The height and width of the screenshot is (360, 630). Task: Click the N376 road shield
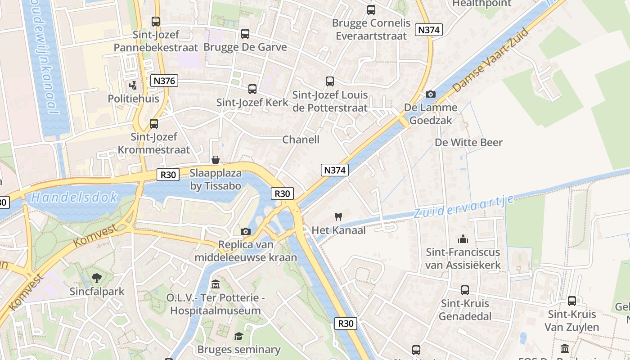[x=164, y=81]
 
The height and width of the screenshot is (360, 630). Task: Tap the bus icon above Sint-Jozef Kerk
[x=252, y=89]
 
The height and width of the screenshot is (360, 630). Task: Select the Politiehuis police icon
[x=133, y=85]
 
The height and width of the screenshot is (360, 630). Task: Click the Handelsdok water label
[x=75, y=197]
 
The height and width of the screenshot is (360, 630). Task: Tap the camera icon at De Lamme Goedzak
[x=431, y=94]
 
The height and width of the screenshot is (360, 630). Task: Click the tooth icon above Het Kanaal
[x=339, y=216]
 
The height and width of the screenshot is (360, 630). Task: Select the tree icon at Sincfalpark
[x=97, y=278]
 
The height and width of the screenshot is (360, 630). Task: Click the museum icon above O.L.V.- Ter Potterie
[x=216, y=284]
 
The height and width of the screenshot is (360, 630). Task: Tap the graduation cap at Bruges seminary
[x=238, y=336]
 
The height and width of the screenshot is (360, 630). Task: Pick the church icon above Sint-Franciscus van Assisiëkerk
[x=463, y=239]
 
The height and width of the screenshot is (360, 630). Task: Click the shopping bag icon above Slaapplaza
[x=216, y=160]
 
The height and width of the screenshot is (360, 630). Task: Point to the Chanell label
[x=301, y=139]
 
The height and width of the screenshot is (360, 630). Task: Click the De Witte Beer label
[x=468, y=143]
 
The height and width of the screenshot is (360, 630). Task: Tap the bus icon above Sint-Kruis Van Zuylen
[x=571, y=301]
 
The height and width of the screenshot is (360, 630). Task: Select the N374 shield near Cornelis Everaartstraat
[x=429, y=30]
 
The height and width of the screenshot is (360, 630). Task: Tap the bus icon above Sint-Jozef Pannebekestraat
[x=156, y=21]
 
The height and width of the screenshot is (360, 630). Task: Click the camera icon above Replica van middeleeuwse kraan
[x=246, y=231]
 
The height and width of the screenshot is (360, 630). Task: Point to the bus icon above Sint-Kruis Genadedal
[x=465, y=290]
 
